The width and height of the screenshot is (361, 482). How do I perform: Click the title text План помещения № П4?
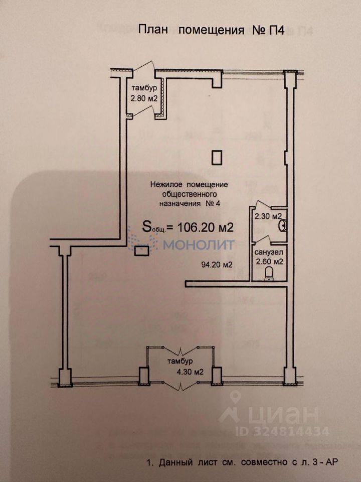pyautogui.click(x=211, y=31)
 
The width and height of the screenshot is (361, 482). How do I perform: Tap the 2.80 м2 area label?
pyautogui.click(x=144, y=99)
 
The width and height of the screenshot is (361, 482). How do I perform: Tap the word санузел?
pyautogui.click(x=269, y=252)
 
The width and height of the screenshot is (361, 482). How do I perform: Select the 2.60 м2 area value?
pyautogui.click(x=269, y=262)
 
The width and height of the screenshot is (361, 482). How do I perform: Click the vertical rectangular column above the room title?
pyautogui.click(x=217, y=158)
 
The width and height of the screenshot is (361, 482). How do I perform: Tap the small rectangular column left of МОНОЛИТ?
pyautogui.click(x=142, y=250)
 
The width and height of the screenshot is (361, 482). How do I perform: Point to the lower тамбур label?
pyautogui.click(x=179, y=362)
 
